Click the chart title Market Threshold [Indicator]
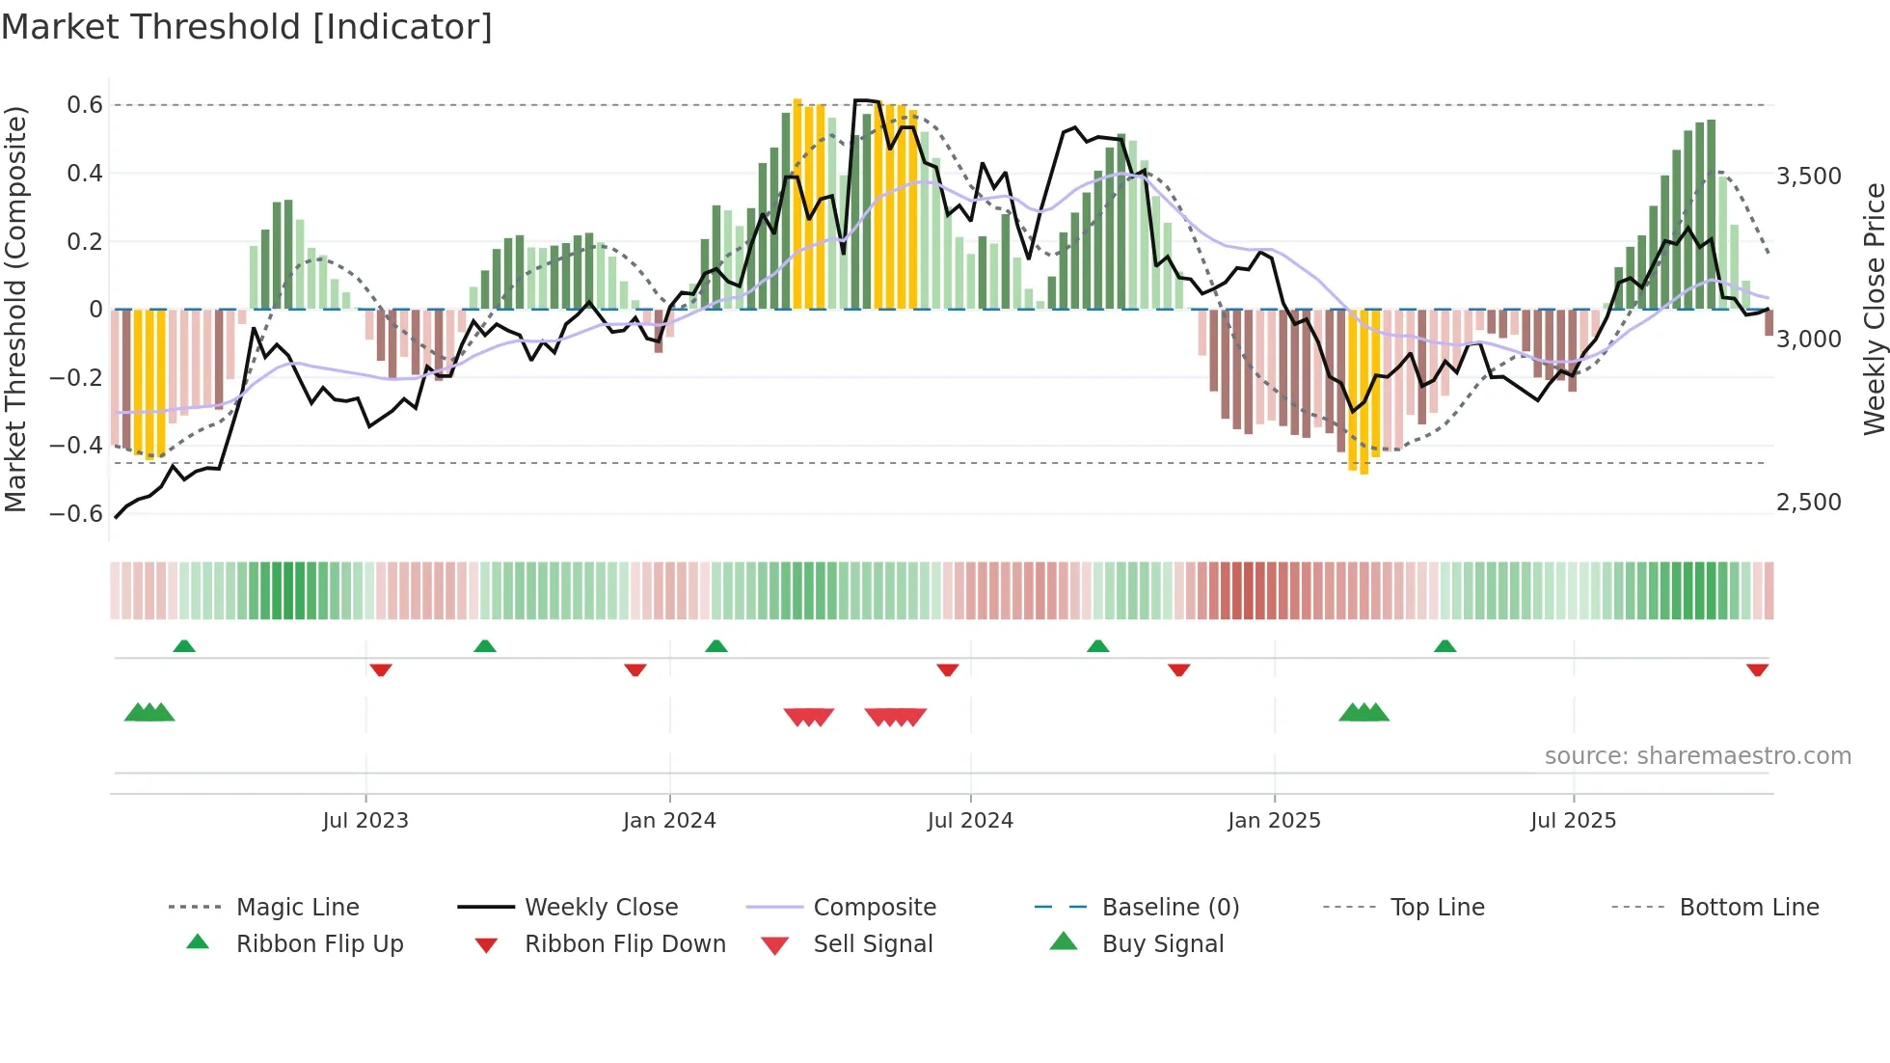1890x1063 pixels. pyautogui.click(x=247, y=27)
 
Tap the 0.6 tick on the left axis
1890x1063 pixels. pyautogui.click(x=84, y=105)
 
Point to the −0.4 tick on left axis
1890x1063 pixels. pyautogui.click(x=76, y=446)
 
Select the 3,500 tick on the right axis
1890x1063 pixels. pyautogui.click(x=1808, y=177)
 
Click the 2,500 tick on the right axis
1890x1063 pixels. pyautogui.click(x=1808, y=503)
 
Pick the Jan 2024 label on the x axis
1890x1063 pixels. pyautogui.click(x=669, y=821)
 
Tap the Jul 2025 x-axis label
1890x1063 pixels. pyautogui.click(x=1573, y=821)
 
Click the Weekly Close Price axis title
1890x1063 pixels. pyautogui.click(x=1874, y=309)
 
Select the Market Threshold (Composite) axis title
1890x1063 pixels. pyautogui.click(x=15, y=309)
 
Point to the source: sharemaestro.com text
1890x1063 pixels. pyautogui.click(x=1697, y=756)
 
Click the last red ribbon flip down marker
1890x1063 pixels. pyautogui.click(x=1757, y=669)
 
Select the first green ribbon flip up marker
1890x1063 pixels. pyautogui.click(x=184, y=646)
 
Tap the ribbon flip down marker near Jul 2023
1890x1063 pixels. pyautogui.click(x=381, y=669)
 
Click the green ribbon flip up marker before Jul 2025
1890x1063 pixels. pyautogui.click(x=1444, y=646)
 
